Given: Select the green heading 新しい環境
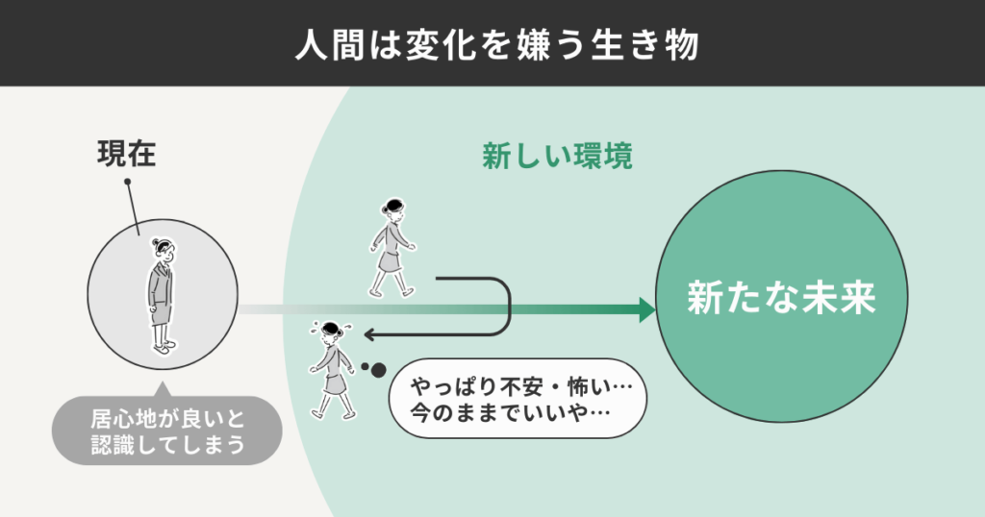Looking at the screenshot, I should [x=557, y=157].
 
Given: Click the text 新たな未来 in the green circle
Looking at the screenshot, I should [x=781, y=299].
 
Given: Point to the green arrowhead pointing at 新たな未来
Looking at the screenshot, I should [x=644, y=309].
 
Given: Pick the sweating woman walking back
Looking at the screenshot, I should [x=330, y=369].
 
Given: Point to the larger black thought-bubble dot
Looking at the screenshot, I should [x=378, y=369].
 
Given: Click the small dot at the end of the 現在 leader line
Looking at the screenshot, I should [x=127, y=180].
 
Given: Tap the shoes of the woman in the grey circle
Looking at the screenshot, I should [x=164, y=347].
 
